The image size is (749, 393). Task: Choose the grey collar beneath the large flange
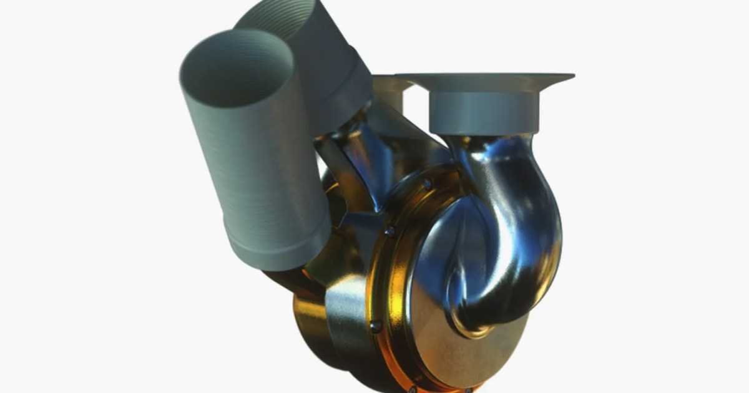(484, 112)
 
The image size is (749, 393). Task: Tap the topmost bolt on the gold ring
(426, 185)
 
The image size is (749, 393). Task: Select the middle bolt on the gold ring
(389, 231)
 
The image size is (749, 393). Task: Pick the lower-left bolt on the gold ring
(375, 326)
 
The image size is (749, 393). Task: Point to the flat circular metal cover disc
(449, 337)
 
